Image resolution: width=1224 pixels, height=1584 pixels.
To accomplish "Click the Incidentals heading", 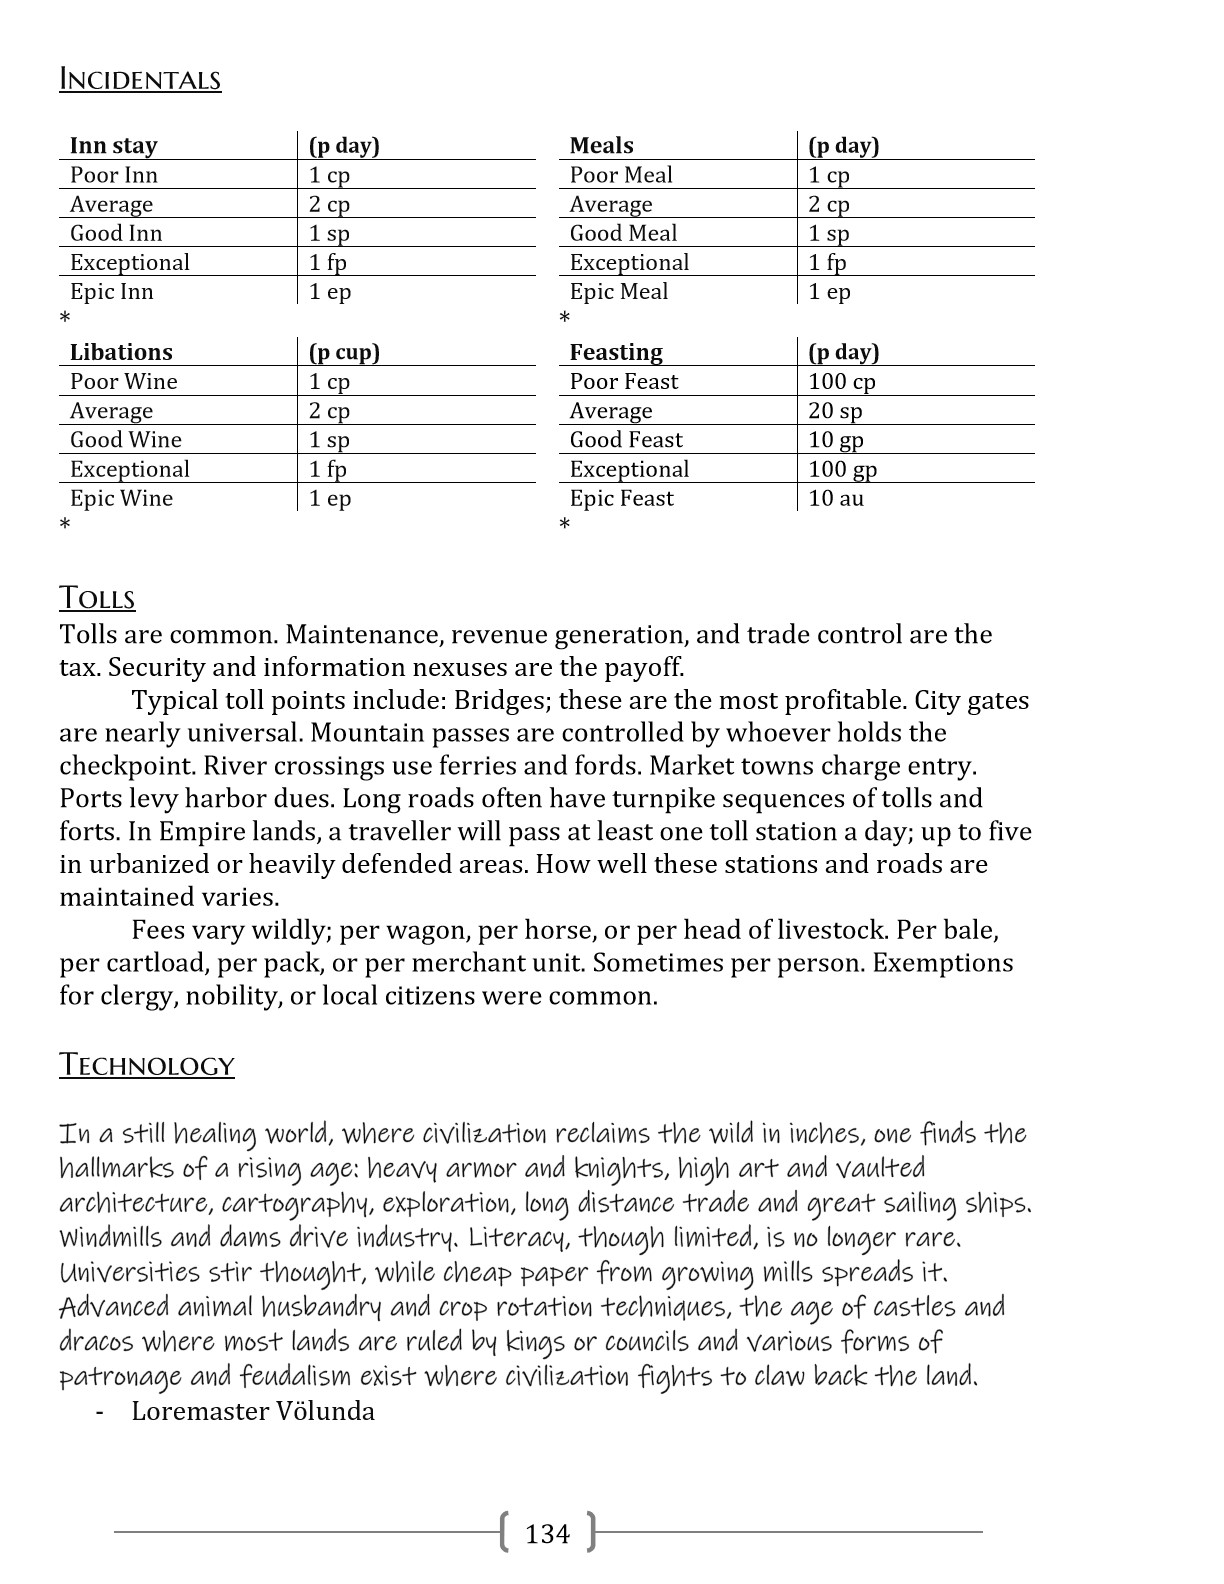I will [x=140, y=80].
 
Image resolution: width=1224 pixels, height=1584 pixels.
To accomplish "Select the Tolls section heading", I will [x=97, y=598].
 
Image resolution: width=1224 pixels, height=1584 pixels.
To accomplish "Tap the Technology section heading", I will [x=146, y=1064].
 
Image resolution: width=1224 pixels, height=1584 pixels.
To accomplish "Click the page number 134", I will [x=547, y=1533].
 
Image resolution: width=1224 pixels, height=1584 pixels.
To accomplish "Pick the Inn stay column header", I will [x=113, y=146].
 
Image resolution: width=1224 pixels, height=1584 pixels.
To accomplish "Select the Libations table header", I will [x=121, y=352].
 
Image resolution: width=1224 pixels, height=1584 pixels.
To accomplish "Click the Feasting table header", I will [x=616, y=352].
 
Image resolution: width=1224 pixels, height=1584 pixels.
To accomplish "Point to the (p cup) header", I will [x=344, y=352].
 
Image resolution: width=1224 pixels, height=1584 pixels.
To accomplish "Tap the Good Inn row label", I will [x=116, y=233].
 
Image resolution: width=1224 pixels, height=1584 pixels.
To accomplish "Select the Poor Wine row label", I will [x=124, y=381].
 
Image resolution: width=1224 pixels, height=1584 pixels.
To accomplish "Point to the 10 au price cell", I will [x=836, y=498].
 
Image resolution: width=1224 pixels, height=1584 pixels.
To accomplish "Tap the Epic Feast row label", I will [x=622, y=498].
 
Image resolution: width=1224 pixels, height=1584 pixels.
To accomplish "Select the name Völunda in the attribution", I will [x=327, y=1411].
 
